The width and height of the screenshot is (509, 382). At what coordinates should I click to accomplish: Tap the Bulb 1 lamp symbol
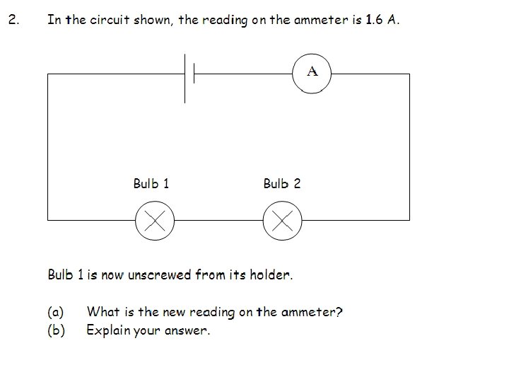(155, 220)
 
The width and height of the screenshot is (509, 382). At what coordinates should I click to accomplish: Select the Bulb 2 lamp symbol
(282, 220)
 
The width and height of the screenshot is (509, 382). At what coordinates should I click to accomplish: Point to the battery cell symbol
(189, 73)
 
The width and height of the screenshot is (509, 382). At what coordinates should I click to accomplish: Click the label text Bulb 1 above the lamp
(151, 184)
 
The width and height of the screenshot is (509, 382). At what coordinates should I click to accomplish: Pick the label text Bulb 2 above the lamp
(281, 184)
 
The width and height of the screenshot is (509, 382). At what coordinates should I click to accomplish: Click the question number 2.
(12, 20)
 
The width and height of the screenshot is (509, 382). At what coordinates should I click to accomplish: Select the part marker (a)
(55, 312)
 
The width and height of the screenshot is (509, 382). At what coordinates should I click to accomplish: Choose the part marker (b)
(55, 330)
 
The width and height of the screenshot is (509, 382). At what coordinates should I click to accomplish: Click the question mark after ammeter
(339, 312)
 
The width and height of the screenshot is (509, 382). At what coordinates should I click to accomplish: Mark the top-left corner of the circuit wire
(48, 73)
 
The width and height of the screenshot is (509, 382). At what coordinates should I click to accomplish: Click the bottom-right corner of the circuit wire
(409, 220)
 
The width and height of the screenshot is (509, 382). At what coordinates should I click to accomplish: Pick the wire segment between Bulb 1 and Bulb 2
(218, 220)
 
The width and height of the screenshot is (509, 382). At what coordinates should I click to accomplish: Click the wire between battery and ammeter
(244, 73)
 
